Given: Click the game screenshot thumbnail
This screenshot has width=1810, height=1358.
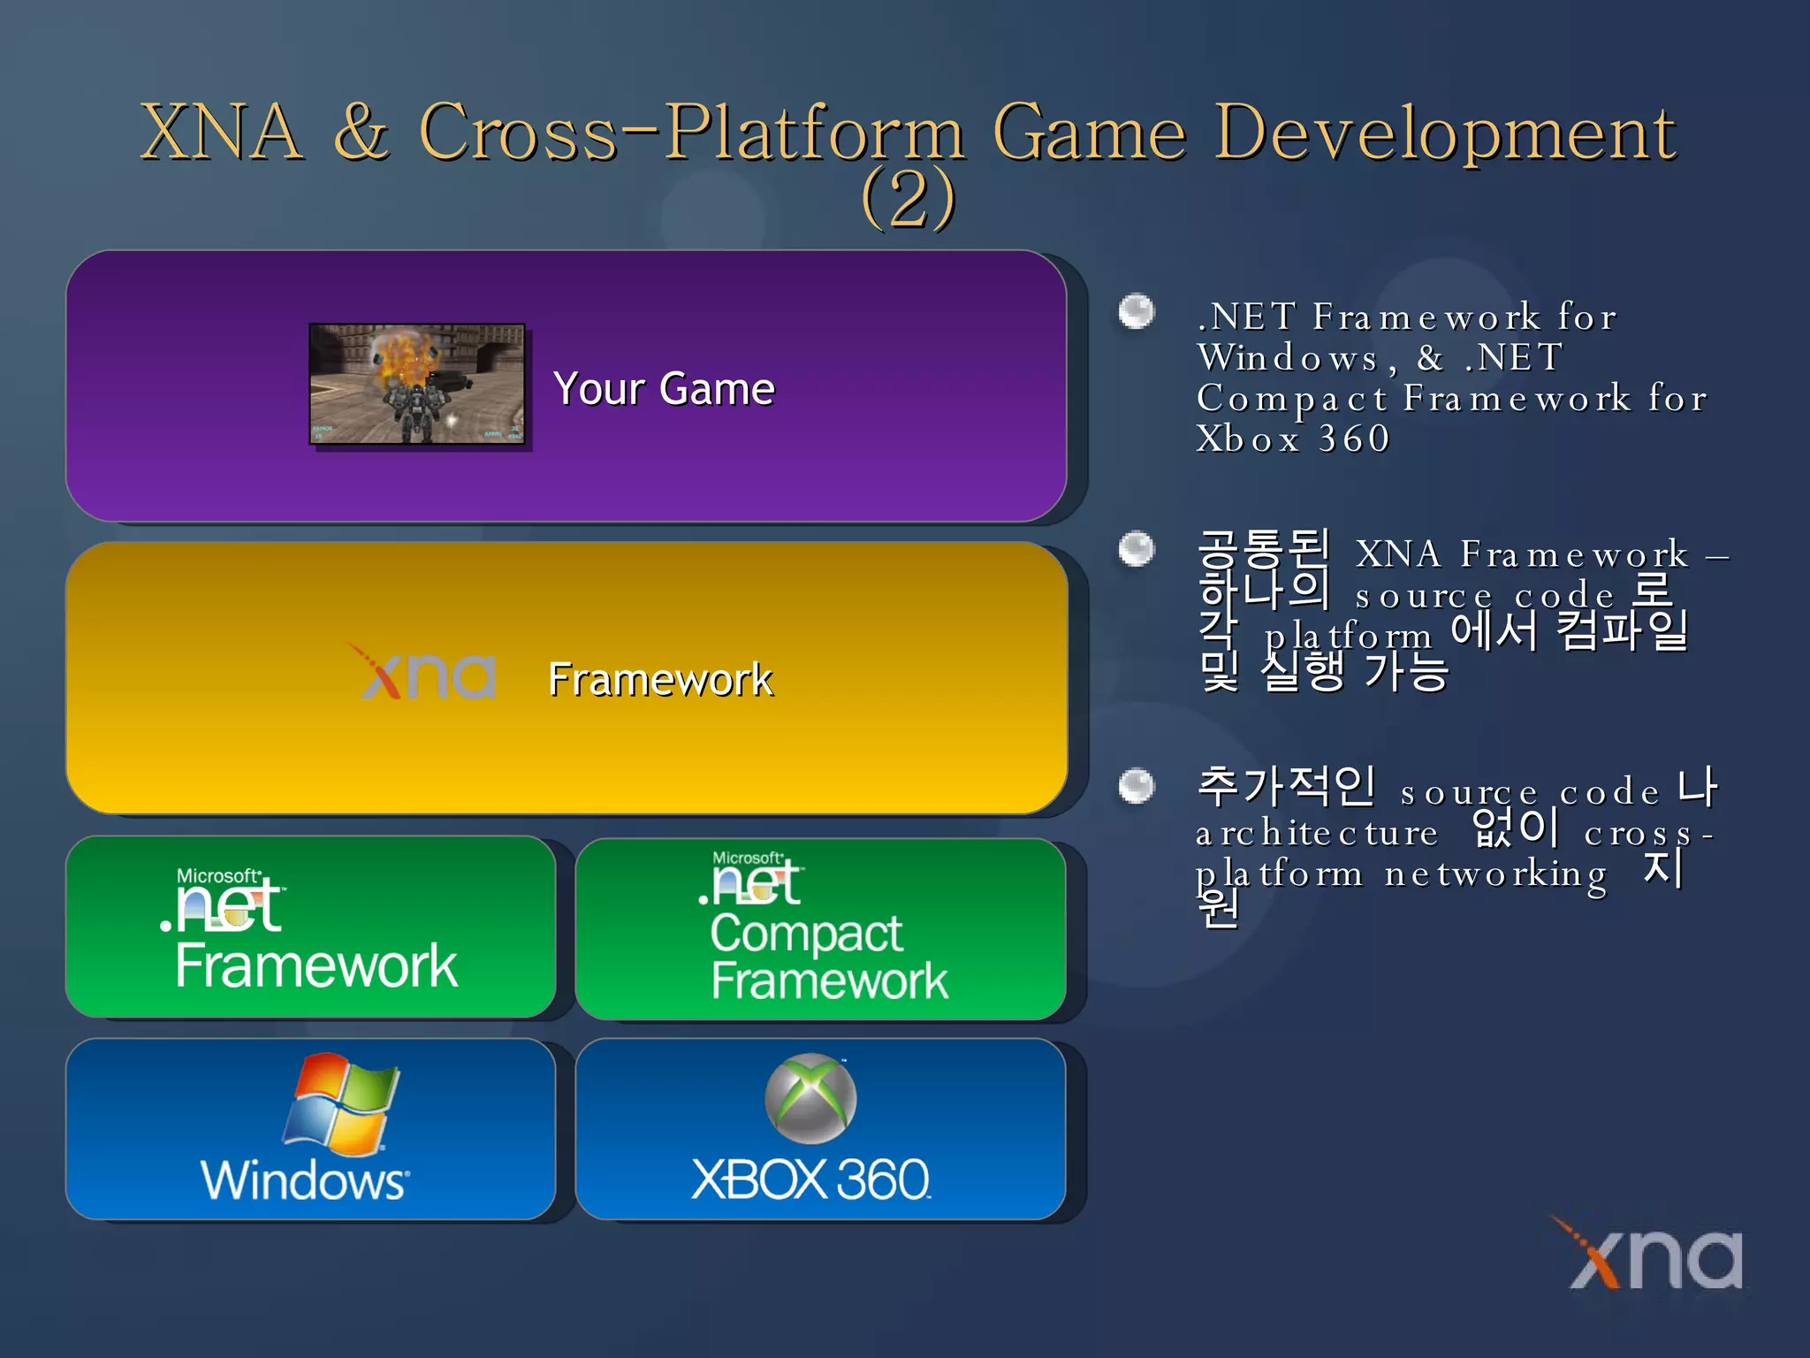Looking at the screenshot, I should [x=417, y=384].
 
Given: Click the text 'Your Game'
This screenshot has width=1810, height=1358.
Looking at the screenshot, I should [x=664, y=389].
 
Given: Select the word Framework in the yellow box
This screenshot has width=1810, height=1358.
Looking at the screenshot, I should [x=660, y=680].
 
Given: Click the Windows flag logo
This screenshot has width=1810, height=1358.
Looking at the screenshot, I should [x=341, y=1102].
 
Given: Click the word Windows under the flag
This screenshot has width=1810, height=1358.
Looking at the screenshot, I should [x=305, y=1180].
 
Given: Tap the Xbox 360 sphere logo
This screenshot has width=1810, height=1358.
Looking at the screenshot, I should [x=810, y=1098].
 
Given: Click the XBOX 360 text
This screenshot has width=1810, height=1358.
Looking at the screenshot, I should [x=810, y=1179].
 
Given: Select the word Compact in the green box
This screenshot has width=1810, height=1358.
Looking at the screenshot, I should [x=806, y=934].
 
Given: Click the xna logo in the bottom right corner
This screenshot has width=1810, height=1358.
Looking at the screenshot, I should [x=1654, y=1255].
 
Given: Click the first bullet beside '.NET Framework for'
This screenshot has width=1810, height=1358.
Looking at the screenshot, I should [x=1137, y=311].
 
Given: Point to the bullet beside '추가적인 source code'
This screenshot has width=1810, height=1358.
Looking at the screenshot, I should [x=1137, y=786].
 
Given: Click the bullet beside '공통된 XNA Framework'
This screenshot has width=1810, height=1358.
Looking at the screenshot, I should [x=1137, y=549].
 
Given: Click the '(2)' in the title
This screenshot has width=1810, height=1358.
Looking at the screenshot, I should [x=908, y=198].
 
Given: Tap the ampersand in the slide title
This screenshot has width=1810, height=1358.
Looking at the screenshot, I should [x=361, y=132].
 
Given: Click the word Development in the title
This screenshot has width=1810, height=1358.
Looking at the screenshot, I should [x=1444, y=132].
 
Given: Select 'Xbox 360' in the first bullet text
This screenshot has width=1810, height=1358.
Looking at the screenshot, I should [x=1292, y=439].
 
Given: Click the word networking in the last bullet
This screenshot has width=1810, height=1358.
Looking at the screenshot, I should [x=1495, y=874].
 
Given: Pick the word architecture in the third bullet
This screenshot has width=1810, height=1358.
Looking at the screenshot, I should [x=1317, y=834].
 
